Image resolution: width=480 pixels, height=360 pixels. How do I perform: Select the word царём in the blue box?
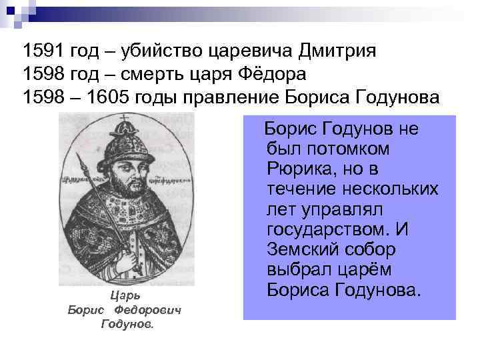[x=357, y=271]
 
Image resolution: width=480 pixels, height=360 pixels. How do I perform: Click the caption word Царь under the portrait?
[x=125, y=294]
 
